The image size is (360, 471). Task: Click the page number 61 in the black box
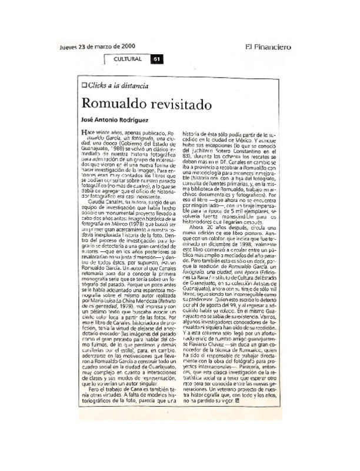click(156, 59)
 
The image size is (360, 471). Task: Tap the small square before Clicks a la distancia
click(85, 86)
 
